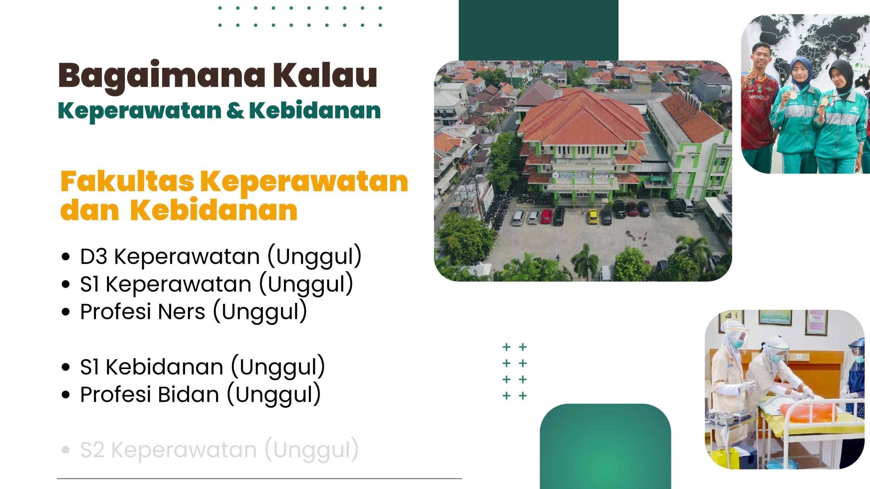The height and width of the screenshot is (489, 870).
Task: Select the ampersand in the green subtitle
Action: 235,111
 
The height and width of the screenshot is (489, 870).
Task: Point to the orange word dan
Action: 89,210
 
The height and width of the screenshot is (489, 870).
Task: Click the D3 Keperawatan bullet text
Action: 221,256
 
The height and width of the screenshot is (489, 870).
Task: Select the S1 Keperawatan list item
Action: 216,284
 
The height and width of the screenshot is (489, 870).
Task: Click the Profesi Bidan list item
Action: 200,394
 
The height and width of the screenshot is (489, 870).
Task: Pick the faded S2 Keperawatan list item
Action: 219,450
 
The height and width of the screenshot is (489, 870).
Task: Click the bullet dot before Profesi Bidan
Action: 66,394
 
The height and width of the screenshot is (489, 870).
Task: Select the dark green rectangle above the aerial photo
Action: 538,30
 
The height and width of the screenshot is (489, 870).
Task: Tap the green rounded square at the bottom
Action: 605,446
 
